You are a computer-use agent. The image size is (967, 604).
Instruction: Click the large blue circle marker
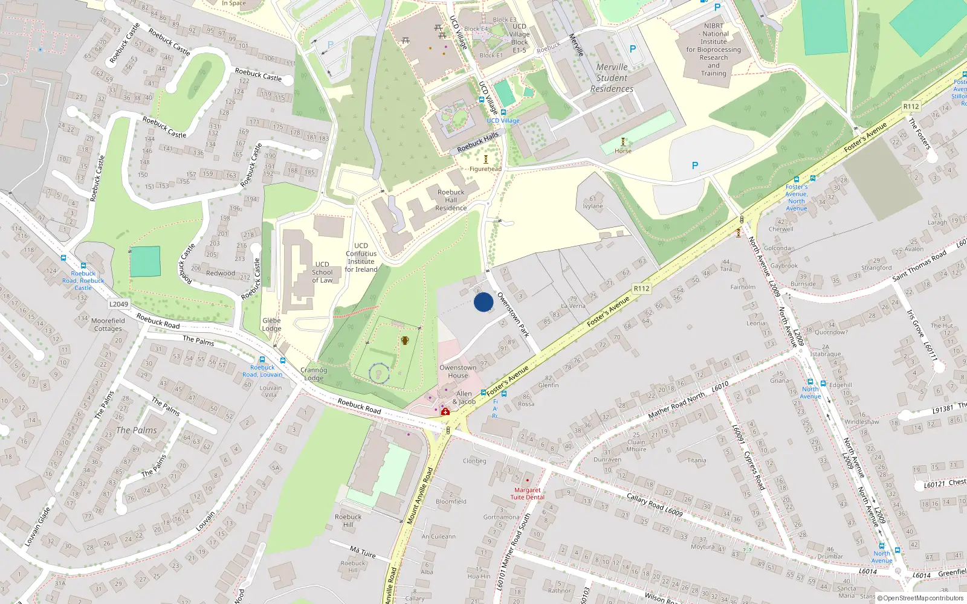(x=483, y=302)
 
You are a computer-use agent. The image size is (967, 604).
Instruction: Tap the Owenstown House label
(x=458, y=371)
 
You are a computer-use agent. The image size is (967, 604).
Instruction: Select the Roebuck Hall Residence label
(x=451, y=200)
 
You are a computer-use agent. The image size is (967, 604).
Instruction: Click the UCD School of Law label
(x=322, y=272)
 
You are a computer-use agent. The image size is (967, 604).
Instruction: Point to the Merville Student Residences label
(x=612, y=78)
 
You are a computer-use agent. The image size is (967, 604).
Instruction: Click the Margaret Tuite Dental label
(x=527, y=494)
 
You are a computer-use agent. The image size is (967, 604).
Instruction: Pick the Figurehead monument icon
(x=485, y=159)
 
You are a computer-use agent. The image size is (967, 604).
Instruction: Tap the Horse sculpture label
(x=623, y=151)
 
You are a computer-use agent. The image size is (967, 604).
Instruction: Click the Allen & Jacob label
(x=464, y=397)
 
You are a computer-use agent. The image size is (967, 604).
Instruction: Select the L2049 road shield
(x=119, y=304)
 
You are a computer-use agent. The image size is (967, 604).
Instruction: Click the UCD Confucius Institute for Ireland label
(x=361, y=257)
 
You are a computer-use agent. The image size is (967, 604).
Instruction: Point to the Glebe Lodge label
(x=271, y=325)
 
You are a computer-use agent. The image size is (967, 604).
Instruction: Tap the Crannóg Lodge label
(x=313, y=374)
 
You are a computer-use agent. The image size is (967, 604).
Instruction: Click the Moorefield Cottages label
(x=108, y=325)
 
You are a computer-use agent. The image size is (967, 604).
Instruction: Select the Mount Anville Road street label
(x=420, y=495)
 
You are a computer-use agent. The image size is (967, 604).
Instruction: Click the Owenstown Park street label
(x=513, y=315)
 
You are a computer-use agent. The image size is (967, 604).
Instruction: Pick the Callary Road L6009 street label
(x=655, y=505)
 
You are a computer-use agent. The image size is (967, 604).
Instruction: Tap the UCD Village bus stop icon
(x=503, y=112)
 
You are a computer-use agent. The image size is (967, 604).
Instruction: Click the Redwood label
(x=221, y=273)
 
